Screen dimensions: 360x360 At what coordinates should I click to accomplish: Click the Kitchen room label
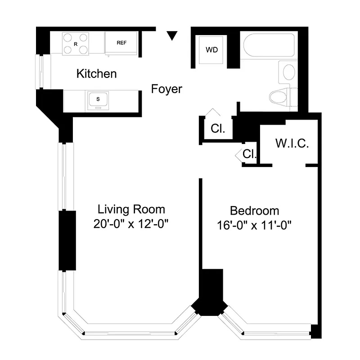pyautogui.click(x=96, y=73)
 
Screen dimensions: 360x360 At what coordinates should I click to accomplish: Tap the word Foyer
pyautogui.click(x=166, y=89)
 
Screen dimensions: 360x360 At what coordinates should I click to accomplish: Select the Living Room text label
pyautogui.click(x=131, y=209)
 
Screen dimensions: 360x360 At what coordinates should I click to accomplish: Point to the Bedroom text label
pyautogui.click(x=254, y=211)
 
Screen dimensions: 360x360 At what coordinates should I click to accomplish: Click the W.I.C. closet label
pyautogui.click(x=292, y=144)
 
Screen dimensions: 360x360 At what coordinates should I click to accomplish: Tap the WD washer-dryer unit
pyautogui.click(x=211, y=50)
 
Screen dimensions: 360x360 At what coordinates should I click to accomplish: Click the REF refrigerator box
pyautogui.click(x=121, y=43)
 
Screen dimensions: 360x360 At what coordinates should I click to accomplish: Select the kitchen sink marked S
pyautogui.click(x=98, y=99)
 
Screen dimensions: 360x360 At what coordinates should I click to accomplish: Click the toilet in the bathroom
pyautogui.click(x=281, y=96)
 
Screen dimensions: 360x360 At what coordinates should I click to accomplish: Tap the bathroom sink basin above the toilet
pyautogui.click(x=288, y=72)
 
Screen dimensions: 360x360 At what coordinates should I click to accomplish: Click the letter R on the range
pyautogui.click(x=75, y=44)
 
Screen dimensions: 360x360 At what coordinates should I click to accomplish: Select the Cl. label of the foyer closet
pyautogui.click(x=218, y=129)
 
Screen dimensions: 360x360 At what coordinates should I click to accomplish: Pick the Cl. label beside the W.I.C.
pyautogui.click(x=249, y=154)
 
